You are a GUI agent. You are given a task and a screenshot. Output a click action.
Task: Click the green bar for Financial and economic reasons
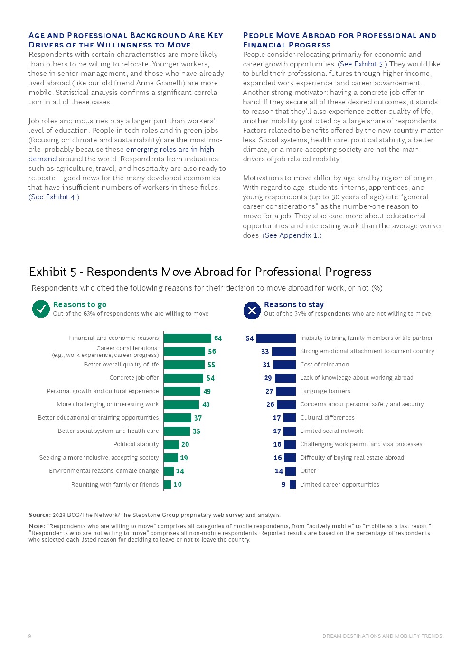(187, 338)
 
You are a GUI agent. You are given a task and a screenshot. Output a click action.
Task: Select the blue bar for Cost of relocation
(284, 365)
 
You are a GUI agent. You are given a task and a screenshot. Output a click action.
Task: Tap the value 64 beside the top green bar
(218, 338)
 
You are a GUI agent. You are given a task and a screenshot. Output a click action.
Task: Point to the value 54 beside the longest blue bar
(250, 338)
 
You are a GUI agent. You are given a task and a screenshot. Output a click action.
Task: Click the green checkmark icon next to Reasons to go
(41, 309)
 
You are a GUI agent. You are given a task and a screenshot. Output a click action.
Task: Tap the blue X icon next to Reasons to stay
(252, 310)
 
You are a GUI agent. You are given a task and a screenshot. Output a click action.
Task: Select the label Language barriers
(325, 391)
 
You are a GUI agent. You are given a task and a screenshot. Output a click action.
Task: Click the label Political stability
(136, 444)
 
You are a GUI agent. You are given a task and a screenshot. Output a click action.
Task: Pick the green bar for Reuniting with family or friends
(167, 484)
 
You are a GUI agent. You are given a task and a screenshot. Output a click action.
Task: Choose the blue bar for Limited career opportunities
(292, 484)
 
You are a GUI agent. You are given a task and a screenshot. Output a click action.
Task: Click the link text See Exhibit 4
(54, 197)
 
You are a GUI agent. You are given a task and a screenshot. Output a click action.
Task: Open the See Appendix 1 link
(292, 235)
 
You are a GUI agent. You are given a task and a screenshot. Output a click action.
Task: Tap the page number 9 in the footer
(29, 636)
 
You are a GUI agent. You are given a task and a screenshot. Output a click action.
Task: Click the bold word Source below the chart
(39, 515)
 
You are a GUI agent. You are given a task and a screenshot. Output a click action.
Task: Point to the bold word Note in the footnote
(36, 526)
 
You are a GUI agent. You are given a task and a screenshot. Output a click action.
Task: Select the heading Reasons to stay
(294, 305)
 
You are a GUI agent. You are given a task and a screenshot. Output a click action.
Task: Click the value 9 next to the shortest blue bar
(283, 484)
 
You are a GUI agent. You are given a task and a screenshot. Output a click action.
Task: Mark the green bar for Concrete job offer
(183, 378)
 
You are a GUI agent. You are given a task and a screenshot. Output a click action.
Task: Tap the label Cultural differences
(327, 418)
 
